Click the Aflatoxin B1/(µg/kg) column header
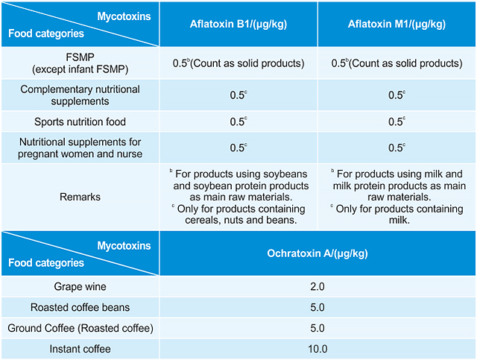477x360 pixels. (x=238, y=24)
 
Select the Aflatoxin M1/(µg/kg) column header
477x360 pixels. (x=397, y=24)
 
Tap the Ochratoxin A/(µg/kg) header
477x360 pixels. (x=318, y=253)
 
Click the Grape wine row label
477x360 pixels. (x=80, y=286)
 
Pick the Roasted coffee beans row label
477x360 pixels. (x=80, y=307)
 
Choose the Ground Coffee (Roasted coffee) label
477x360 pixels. (x=80, y=328)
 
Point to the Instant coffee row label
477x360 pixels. (x=80, y=349)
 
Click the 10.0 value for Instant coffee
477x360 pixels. (x=318, y=349)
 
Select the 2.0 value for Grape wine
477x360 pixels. (x=318, y=286)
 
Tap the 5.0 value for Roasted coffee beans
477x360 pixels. (x=318, y=307)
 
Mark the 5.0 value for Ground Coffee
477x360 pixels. (x=318, y=328)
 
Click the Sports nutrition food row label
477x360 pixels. (x=80, y=121)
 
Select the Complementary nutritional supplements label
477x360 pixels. (x=80, y=95)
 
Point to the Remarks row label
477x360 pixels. (x=80, y=197)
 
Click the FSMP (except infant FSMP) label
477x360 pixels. (x=80, y=63)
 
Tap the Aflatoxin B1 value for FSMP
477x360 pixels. (x=238, y=63)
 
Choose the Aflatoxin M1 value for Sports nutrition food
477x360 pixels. (x=397, y=121)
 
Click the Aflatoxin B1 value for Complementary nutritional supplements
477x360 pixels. (x=238, y=95)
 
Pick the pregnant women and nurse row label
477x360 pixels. (x=80, y=148)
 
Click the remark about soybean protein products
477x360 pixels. (x=238, y=180)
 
